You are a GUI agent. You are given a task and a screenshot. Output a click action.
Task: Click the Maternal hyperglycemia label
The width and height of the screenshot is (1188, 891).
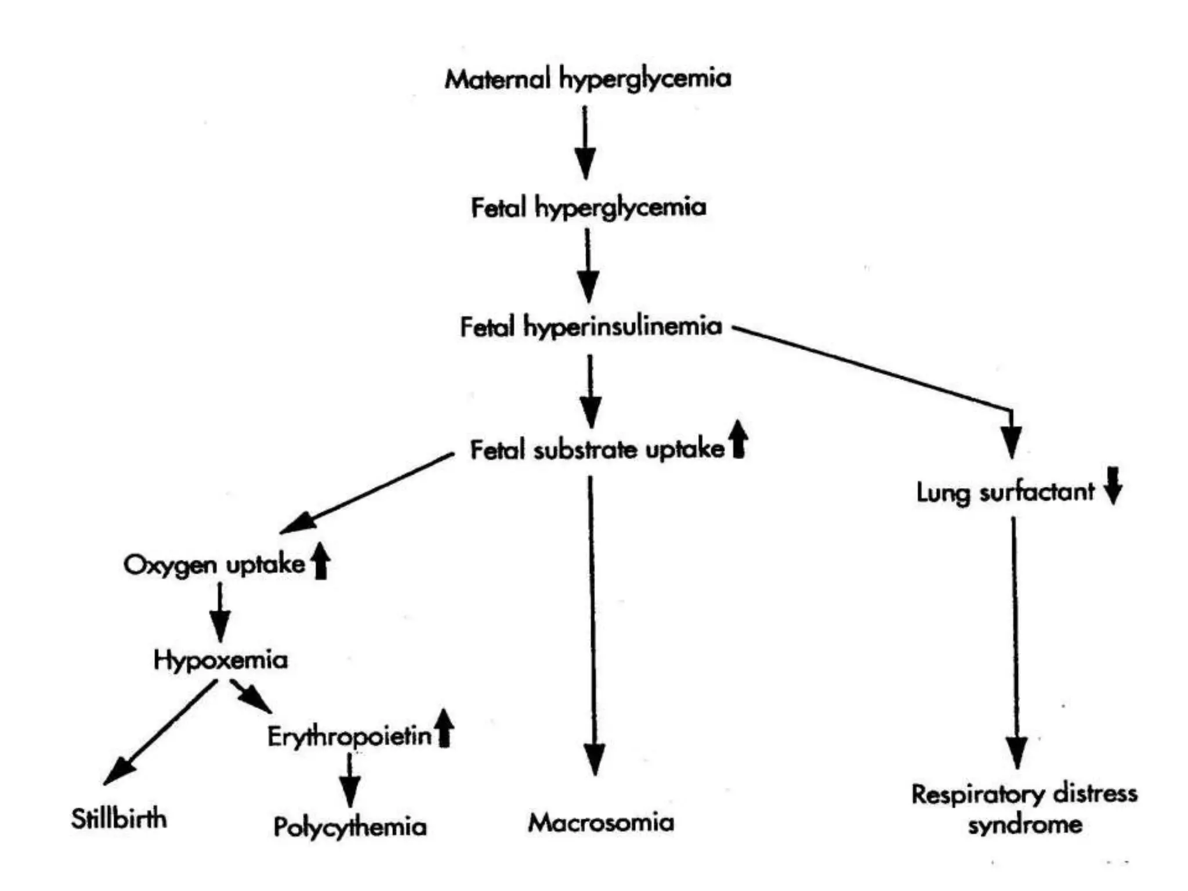(x=588, y=79)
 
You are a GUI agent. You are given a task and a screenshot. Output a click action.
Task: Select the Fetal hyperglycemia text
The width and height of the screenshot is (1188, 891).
(x=588, y=208)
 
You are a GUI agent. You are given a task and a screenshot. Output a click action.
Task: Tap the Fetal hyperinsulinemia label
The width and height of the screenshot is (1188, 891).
(x=591, y=327)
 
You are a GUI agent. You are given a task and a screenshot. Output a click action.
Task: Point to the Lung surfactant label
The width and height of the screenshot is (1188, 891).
(x=1005, y=492)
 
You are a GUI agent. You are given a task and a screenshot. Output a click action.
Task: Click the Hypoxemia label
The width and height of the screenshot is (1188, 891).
(x=220, y=660)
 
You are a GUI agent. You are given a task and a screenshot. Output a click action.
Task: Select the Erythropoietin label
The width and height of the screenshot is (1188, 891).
(x=349, y=737)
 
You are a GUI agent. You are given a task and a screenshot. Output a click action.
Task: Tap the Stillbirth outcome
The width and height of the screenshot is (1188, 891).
(x=119, y=819)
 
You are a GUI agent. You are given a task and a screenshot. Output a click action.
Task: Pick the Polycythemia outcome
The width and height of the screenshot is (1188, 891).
(x=350, y=827)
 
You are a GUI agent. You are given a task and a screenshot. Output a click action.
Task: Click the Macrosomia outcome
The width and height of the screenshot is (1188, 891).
(x=601, y=823)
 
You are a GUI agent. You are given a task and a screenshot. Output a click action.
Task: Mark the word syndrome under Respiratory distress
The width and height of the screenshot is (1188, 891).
(x=1024, y=824)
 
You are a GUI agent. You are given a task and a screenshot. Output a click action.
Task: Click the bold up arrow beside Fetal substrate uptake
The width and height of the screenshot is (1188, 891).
(x=738, y=439)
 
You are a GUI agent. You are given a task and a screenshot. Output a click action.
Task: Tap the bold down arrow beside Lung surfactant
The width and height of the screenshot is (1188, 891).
(x=1113, y=486)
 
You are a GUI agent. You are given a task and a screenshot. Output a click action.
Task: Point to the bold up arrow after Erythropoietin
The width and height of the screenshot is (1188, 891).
(x=444, y=728)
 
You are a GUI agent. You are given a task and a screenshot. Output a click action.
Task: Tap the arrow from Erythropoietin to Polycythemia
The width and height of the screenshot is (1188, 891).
(x=349, y=780)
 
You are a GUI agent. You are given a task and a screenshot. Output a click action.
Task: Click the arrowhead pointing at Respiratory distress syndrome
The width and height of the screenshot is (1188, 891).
(x=1017, y=751)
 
